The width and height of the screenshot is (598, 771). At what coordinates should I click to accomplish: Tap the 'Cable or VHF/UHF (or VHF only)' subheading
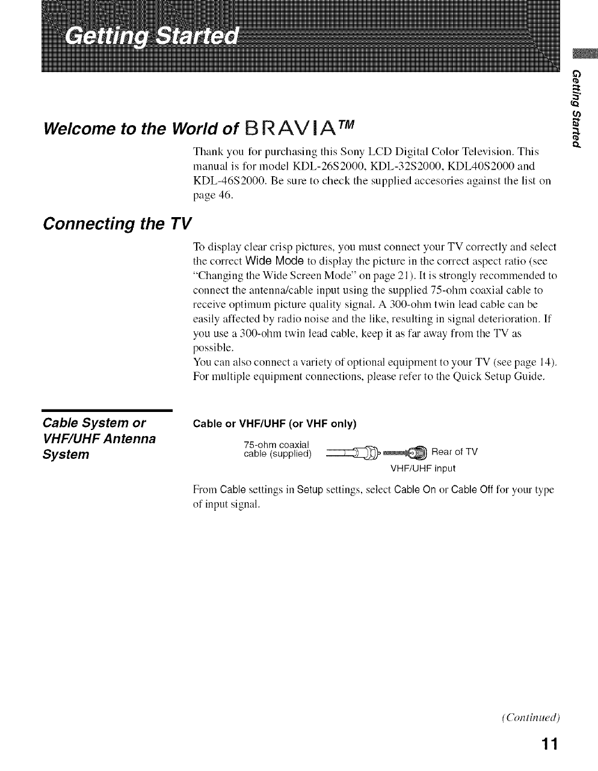coord(274,423)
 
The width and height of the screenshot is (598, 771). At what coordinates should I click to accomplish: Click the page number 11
coord(549,744)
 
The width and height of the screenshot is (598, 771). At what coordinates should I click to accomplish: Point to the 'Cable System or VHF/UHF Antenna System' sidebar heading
coord(100,438)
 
